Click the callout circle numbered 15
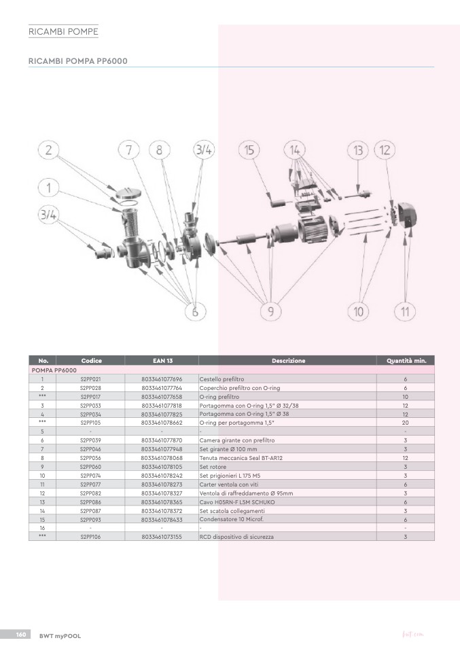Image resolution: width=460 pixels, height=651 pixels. (249, 150)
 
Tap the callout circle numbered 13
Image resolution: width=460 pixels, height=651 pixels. (358, 150)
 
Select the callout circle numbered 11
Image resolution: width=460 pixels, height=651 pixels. (405, 311)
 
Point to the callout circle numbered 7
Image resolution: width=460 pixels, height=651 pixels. (128, 149)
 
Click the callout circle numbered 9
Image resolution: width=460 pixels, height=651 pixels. (270, 311)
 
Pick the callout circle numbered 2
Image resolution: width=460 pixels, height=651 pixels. (48, 149)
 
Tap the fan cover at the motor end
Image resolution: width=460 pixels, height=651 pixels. (406, 215)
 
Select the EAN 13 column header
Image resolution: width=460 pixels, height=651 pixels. (162, 360)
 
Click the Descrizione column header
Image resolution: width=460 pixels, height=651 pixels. (288, 360)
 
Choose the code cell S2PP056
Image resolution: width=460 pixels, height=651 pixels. (90, 458)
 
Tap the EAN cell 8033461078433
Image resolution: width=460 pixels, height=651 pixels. (162, 519)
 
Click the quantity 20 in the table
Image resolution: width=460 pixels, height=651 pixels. (405, 423)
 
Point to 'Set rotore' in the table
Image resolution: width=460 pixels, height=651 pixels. (213, 467)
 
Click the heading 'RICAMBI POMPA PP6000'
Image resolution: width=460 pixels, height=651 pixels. (78, 61)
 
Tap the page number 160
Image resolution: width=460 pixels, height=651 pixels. (21, 635)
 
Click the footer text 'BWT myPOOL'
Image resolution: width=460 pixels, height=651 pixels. (60, 635)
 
